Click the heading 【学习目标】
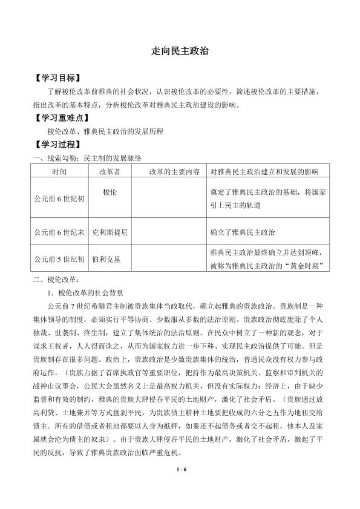tap(58, 79)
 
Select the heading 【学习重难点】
tap(62, 118)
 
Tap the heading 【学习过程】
tap(58, 145)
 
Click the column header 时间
tap(59, 172)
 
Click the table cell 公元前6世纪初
tap(59, 199)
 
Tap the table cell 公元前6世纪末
tap(59, 232)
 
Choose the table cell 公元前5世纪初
tap(59, 259)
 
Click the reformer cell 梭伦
tap(109, 192)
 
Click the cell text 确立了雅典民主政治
tap(242, 232)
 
